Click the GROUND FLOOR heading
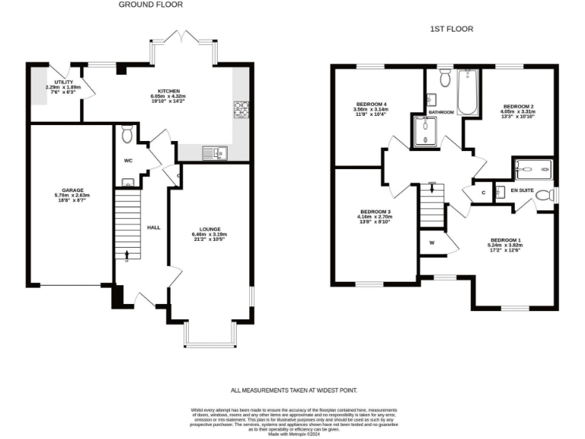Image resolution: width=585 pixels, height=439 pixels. (x=150, y=5)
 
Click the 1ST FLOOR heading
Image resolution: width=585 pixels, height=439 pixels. (x=450, y=29)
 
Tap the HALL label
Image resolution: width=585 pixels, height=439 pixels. (x=153, y=227)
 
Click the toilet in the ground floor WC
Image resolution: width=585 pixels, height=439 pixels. (x=127, y=134)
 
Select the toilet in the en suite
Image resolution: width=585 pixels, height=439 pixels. (x=543, y=196)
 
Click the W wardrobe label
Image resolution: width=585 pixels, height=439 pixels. (x=431, y=243)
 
